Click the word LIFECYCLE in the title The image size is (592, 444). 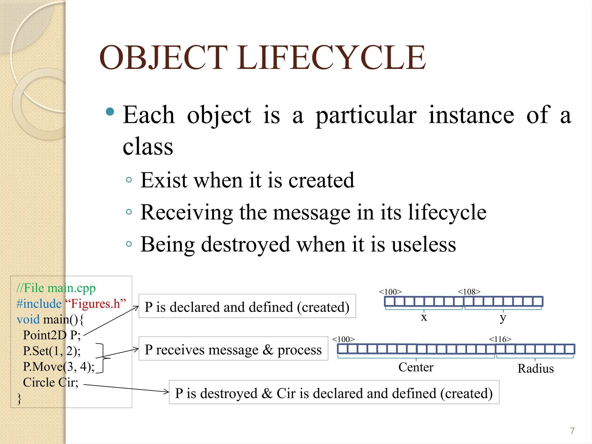click(x=331, y=58)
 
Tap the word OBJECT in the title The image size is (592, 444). click(x=163, y=58)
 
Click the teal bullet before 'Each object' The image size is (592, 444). click(x=110, y=112)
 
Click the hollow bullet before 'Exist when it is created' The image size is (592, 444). click(x=129, y=180)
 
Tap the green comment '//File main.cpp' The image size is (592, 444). click(x=56, y=288)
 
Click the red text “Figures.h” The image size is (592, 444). click(x=96, y=304)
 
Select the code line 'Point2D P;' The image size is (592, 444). click(x=52, y=335)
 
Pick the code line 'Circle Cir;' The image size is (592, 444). click(x=51, y=382)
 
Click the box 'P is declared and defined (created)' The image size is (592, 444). click(x=247, y=306)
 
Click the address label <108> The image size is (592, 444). click(x=469, y=292)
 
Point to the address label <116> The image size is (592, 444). click(x=500, y=339)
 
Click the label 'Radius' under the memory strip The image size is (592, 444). click(x=535, y=369)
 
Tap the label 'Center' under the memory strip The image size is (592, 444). click(x=416, y=367)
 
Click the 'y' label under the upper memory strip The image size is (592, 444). click(x=503, y=318)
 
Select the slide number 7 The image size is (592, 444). click(x=572, y=431)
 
